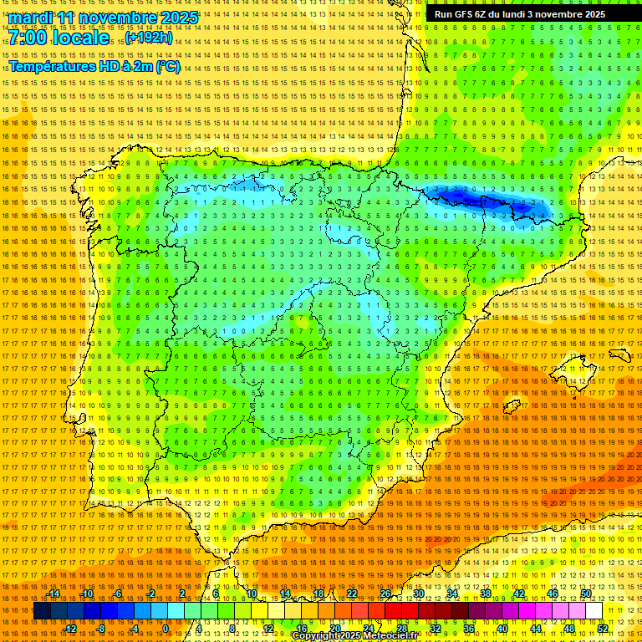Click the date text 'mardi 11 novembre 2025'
click(x=104, y=18)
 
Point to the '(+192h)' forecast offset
click(x=150, y=38)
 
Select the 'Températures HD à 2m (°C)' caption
click(x=94, y=66)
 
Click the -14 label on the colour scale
click(x=55, y=594)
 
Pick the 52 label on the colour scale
click(x=603, y=629)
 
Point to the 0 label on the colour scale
click(x=166, y=629)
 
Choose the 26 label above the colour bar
click(x=385, y=594)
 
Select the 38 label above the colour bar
click(x=486, y=594)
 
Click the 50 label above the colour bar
click(x=586, y=594)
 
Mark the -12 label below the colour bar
click(x=71, y=629)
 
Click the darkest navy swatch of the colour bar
click(x=42, y=611)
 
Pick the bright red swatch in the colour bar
click(x=394, y=611)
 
